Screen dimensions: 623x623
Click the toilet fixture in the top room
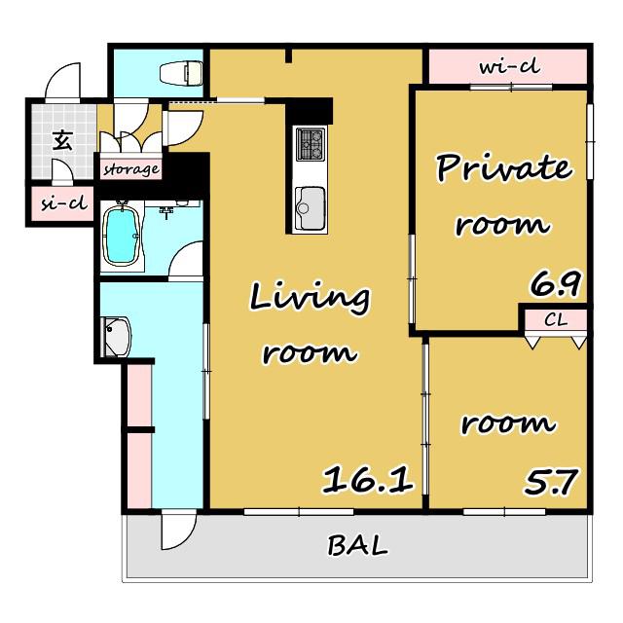point(181,73)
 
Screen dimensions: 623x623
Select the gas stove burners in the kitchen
point(311,143)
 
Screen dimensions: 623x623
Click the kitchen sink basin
point(310,207)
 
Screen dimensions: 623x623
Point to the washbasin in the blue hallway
point(117,337)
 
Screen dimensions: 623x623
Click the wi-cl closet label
point(510,67)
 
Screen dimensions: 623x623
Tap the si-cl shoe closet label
point(64,203)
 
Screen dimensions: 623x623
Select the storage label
point(131,169)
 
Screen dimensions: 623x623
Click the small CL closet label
point(556,319)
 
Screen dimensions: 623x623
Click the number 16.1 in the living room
point(368,480)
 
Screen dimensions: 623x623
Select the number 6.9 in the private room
point(556,283)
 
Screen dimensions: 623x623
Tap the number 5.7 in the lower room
point(551,482)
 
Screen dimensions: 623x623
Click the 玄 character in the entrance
point(62,141)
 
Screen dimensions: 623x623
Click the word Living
point(310,298)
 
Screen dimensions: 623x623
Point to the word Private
point(504,168)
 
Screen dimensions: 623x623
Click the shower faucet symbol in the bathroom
point(166,211)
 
